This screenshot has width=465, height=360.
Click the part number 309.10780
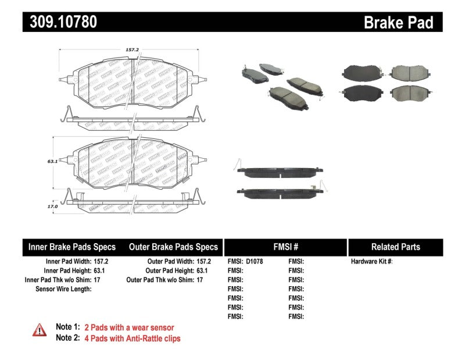(x=60, y=22)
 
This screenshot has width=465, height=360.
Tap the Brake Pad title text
(x=398, y=22)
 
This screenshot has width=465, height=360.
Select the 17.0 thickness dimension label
(x=53, y=206)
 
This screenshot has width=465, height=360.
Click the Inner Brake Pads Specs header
(x=72, y=247)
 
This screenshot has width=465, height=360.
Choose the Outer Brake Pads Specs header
(x=173, y=247)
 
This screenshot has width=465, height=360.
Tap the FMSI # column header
(x=285, y=247)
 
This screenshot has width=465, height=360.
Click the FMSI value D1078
(x=255, y=262)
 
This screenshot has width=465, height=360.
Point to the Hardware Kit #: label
(x=371, y=262)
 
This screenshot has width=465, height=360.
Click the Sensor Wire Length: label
(x=63, y=288)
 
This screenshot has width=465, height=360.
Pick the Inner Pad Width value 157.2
(x=103, y=262)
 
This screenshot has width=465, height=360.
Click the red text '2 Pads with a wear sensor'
(x=129, y=327)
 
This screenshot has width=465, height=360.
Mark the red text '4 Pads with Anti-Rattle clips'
(x=133, y=338)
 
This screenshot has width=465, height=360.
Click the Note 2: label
(x=67, y=338)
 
